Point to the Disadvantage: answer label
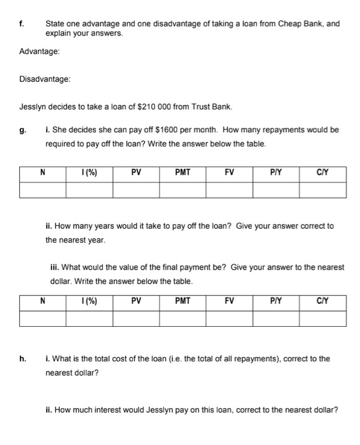pyautogui.click(x=45, y=79)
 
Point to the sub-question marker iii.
pyautogui.click(x=55, y=268)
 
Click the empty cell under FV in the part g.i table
pyautogui.click(x=228, y=189)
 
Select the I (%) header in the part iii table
pyautogui.click(x=90, y=299)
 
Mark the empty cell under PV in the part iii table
pyautogui.click(x=136, y=318)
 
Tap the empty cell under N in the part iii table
pyautogui.click(x=43, y=318)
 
